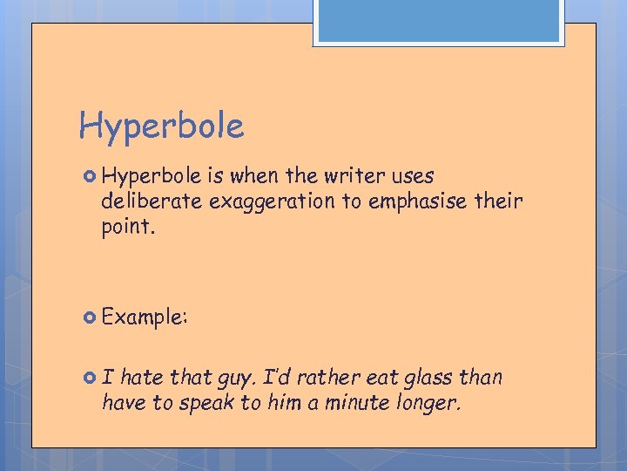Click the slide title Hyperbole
(161, 126)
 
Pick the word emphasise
(412, 201)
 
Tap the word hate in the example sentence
(142, 378)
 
